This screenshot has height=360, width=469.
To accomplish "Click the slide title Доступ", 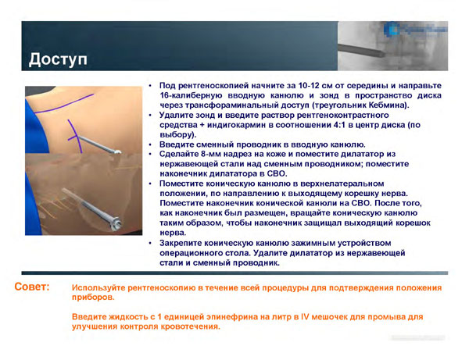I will [x=59, y=59].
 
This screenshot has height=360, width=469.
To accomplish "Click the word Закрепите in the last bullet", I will [x=182, y=244].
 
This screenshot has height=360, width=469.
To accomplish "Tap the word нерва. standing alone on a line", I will [x=172, y=233].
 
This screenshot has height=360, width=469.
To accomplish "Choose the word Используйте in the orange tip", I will [x=102, y=288].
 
